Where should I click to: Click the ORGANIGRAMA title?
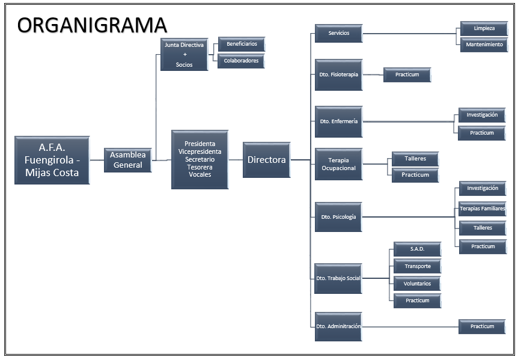pos(92,25)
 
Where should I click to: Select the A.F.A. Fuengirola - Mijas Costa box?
pos(52,160)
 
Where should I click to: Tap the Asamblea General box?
pos(128,160)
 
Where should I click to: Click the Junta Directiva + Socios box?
pos(184,55)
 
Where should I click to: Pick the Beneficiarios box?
pos(242,44)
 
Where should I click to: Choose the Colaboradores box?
pos(241,61)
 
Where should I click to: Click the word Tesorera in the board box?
pos(200,167)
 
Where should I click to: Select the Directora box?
pos(267,160)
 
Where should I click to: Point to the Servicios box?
pos(338,33)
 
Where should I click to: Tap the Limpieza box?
pos(484,28)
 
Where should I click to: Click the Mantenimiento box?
pos(484,44)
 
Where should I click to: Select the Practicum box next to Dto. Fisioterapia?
pos(407,75)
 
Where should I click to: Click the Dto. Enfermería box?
pos(338,121)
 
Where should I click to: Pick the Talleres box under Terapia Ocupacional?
pos(415,159)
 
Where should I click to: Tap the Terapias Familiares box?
pos(483,209)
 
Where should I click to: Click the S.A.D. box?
pos(417,249)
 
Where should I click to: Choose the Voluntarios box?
pos(417,284)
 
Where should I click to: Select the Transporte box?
pos(417,266)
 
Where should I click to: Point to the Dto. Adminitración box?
pos(338,326)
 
